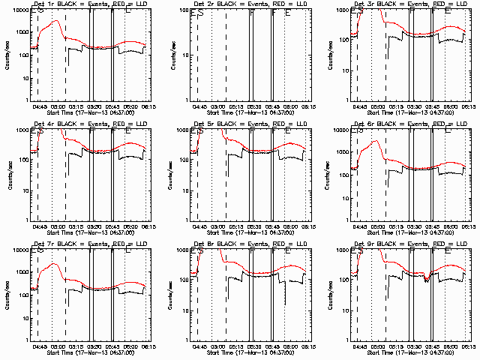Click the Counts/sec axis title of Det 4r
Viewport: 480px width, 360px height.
(7, 174)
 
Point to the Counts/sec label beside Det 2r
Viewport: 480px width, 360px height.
(166, 55)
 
